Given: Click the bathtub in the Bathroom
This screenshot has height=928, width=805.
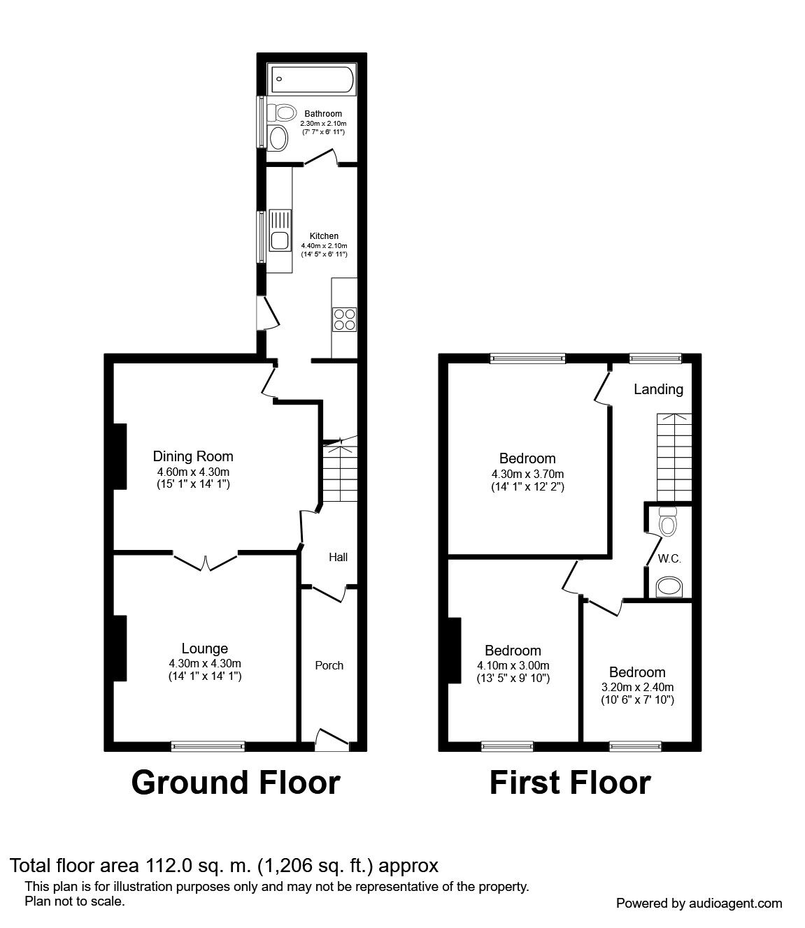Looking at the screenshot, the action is point(311,79).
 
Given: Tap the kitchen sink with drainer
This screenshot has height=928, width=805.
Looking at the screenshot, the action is point(280,230).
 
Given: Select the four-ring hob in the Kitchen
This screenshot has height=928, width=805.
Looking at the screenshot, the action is point(344,319).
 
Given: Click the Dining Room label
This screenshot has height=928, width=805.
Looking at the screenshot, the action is point(193,456).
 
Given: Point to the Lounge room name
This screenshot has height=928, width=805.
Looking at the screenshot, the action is point(204,648).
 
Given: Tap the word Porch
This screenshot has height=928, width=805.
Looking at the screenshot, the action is point(329,665).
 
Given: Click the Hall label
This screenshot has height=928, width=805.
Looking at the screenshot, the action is point(338,557).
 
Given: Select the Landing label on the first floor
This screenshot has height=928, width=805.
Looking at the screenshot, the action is point(658,389).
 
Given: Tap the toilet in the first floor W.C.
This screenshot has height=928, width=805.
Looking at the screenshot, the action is point(667,521).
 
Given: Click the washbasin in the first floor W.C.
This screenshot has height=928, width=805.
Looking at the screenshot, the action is point(669,587).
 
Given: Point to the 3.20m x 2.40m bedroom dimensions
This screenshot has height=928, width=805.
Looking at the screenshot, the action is point(637,687).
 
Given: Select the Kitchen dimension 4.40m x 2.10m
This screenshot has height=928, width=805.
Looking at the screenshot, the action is point(324,245).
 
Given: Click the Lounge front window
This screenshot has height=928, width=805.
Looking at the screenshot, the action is point(208,746).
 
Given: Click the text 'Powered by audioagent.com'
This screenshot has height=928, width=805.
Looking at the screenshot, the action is point(699,904).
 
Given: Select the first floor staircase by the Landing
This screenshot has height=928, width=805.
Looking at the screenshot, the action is point(674,457).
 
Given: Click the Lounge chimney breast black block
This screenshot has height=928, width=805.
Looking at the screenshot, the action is point(120,648).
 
